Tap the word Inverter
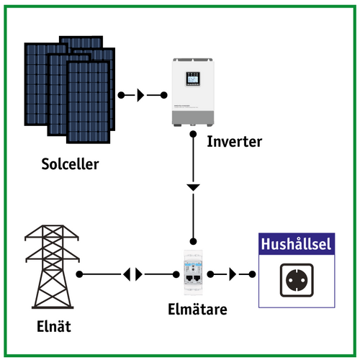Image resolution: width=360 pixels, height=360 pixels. pyautogui.click(x=234, y=140)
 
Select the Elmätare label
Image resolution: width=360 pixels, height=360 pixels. pyautogui.click(x=193, y=310)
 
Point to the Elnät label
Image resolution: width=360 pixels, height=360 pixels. pyautogui.click(x=54, y=328)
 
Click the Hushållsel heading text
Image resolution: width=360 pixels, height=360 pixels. pyautogui.click(x=296, y=245)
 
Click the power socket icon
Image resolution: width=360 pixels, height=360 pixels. pyautogui.click(x=296, y=281)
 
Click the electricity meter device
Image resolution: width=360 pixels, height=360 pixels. pyautogui.click(x=193, y=276)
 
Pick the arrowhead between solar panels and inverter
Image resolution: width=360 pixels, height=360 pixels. pyautogui.click(x=141, y=95)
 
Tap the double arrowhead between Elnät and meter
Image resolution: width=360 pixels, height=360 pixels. pyautogui.click(x=133, y=274)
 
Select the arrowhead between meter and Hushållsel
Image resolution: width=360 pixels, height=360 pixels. pyautogui.click(x=231, y=274)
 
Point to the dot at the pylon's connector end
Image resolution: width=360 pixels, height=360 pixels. pyautogui.click(x=80, y=274)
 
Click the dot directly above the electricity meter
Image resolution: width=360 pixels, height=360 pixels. pyautogui.click(x=193, y=240)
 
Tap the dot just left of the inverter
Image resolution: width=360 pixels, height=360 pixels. pyautogui.click(x=163, y=95)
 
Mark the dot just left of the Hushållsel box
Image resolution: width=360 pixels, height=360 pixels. pyautogui.click(x=252, y=274)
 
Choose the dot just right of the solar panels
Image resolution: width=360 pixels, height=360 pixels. pyautogui.click(x=120, y=95)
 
